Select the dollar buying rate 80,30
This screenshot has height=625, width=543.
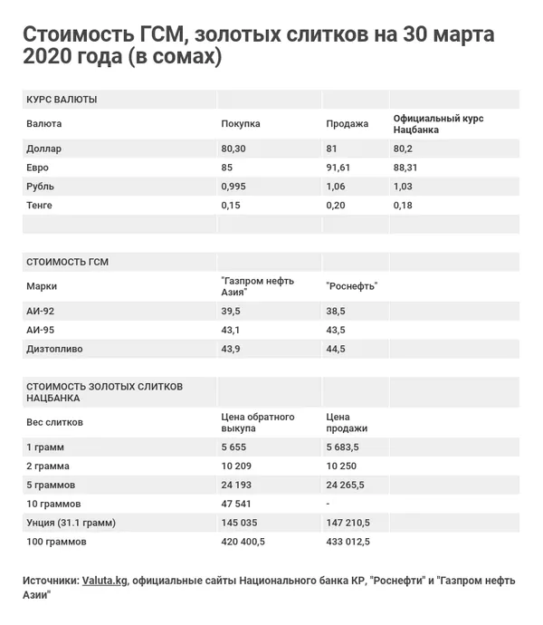click(x=233, y=148)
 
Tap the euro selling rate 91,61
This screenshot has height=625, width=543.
click(x=338, y=168)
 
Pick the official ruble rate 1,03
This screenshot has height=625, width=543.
click(x=403, y=187)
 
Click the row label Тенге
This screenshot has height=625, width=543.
click(x=40, y=206)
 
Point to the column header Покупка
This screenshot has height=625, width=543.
click(x=241, y=124)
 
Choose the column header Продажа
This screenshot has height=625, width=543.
click(x=347, y=124)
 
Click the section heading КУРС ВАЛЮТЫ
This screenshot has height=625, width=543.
click(x=62, y=99)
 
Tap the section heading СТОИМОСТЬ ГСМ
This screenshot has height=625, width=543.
click(x=69, y=262)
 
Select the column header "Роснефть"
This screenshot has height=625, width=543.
click(x=351, y=286)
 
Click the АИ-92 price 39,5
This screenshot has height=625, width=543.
click(x=231, y=311)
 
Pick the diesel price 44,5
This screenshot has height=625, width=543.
click(x=335, y=349)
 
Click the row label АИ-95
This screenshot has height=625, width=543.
click(x=42, y=330)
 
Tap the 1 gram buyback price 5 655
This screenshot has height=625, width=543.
click(x=234, y=447)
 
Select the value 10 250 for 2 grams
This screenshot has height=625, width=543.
click(x=340, y=466)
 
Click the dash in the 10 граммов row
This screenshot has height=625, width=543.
click(x=328, y=504)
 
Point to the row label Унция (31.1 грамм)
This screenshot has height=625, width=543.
click(x=72, y=523)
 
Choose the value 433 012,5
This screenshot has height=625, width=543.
click(x=348, y=542)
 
